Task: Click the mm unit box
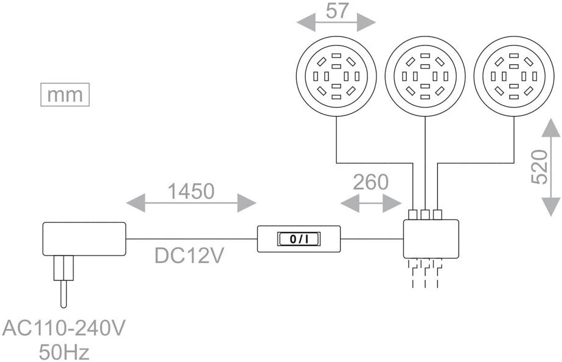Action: pos(64,95)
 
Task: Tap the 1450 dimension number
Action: pos(190,191)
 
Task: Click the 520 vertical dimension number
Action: pos(538,167)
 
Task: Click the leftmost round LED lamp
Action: pos(336,77)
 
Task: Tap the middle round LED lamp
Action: pos(425,77)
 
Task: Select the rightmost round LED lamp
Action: pos(513,77)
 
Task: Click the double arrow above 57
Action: pos(336,23)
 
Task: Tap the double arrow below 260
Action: pos(370,204)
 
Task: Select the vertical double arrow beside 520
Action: pos(550,166)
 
